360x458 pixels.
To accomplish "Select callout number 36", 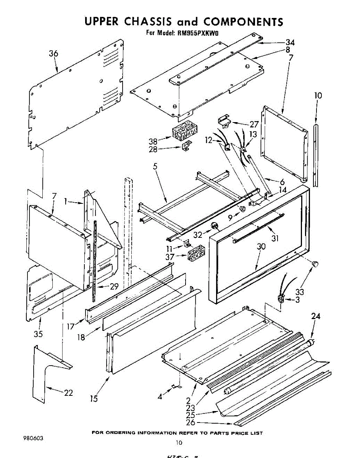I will [x=53, y=54].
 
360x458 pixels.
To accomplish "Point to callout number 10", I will [x=318, y=95].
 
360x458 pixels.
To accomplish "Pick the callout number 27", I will [x=254, y=124].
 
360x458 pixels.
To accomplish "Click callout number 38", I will [x=153, y=141].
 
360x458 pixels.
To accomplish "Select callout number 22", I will [x=68, y=393].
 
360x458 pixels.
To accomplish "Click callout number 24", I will [x=316, y=316].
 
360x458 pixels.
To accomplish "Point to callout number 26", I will [x=191, y=423].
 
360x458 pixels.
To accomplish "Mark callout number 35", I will [x=38, y=334].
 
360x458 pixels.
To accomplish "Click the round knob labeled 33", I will [x=315, y=263].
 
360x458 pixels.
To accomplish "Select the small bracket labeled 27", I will [x=224, y=121].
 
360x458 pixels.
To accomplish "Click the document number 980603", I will [x=33, y=438].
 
